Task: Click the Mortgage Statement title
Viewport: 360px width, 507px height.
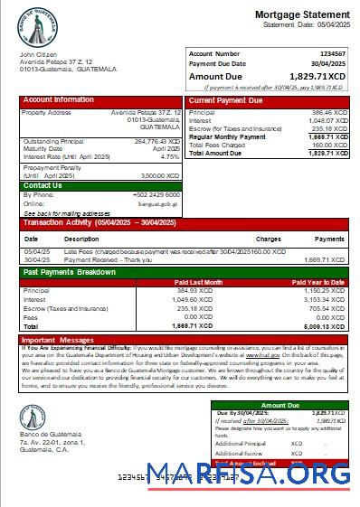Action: (302, 14)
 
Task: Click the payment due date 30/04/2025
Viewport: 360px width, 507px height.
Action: (330, 63)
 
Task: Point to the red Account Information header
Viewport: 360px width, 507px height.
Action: (59, 99)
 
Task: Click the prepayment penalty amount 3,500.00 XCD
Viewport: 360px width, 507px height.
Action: (163, 175)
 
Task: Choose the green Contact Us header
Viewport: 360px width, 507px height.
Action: (43, 185)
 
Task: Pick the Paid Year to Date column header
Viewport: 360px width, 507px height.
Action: (323, 282)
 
